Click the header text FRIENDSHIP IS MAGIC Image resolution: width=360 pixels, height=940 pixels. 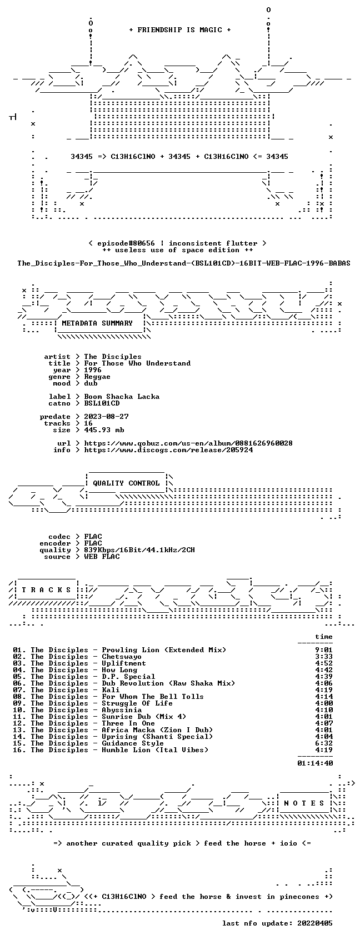[x=179, y=30]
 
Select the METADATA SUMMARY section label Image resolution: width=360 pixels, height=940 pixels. [x=97, y=323]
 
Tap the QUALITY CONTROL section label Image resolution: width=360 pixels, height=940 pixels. [x=126, y=483]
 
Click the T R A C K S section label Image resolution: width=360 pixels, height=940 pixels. [x=47, y=589]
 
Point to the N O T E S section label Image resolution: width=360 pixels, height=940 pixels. [x=304, y=803]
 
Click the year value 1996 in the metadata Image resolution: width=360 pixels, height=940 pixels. [x=93, y=369]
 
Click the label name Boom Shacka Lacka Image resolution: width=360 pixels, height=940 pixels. [x=122, y=397]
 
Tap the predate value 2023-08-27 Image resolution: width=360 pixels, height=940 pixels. [x=106, y=416]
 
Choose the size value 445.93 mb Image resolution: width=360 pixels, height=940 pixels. [x=104, y=429]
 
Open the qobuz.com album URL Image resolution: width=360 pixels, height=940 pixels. [x=188, y=443]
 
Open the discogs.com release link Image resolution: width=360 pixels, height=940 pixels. [x=168, y=450]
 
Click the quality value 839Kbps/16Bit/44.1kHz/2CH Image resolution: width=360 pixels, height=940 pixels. [x=139, y=550]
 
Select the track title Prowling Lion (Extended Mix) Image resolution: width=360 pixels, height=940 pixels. [x=164, y=650]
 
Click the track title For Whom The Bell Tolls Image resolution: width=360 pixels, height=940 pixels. [x=153, y=697]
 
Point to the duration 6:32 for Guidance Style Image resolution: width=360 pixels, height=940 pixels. [x=324, y=743]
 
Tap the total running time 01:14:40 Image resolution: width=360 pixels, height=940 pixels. [x=315, y=763]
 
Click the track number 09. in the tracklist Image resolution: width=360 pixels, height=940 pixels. [x=19, y=703]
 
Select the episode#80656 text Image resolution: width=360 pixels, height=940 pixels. [x=126, y=243]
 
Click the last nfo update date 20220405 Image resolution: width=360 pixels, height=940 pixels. [x=315, y=923]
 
